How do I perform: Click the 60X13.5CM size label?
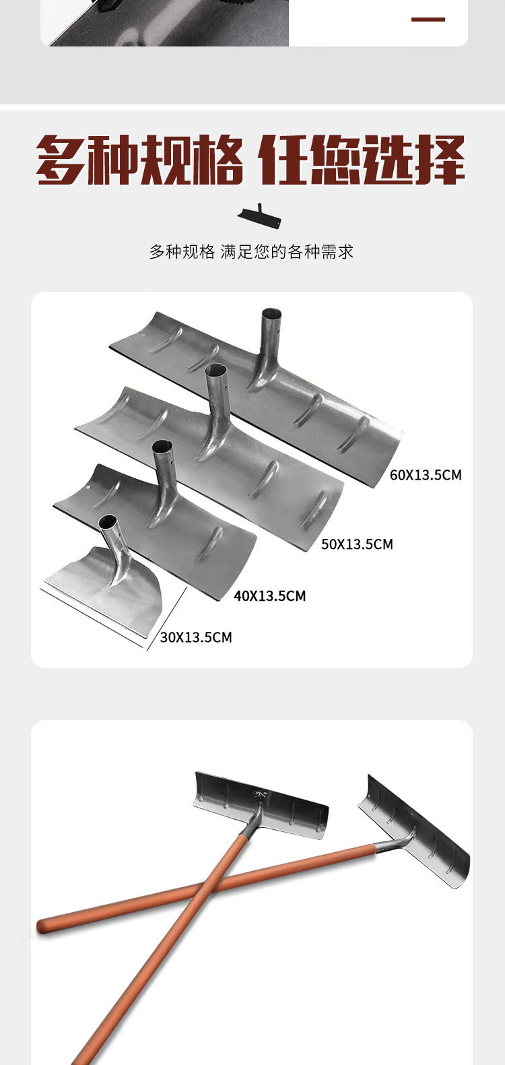click(426, 475)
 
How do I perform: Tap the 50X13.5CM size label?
click(358, 544)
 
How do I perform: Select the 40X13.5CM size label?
click(270, 595)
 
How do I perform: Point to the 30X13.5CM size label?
click(196, 637)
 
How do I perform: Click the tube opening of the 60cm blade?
click(272, 315)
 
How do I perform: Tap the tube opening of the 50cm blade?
click(215, 370)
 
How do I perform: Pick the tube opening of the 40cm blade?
click(162, 447)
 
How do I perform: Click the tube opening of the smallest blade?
click(108, 519)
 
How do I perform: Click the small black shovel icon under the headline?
click(259, 216)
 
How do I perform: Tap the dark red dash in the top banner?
click(428, 20)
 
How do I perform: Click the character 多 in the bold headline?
click(61, 160)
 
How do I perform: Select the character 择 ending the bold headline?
click(440, 160)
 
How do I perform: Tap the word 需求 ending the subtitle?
click(337, 252)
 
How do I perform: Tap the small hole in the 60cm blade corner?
click(143, 337)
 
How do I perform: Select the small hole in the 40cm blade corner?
click(88, 489)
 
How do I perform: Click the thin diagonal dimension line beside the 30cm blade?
click(167, 618)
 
